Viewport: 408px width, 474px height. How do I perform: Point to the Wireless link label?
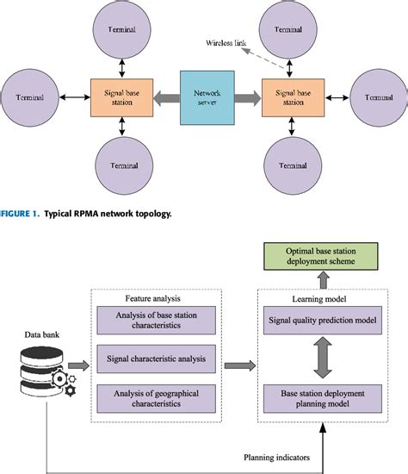pyautogui.click(x=228, y=41)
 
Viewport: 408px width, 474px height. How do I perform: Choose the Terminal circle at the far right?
pyautogui.click(x=376, y=97)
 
